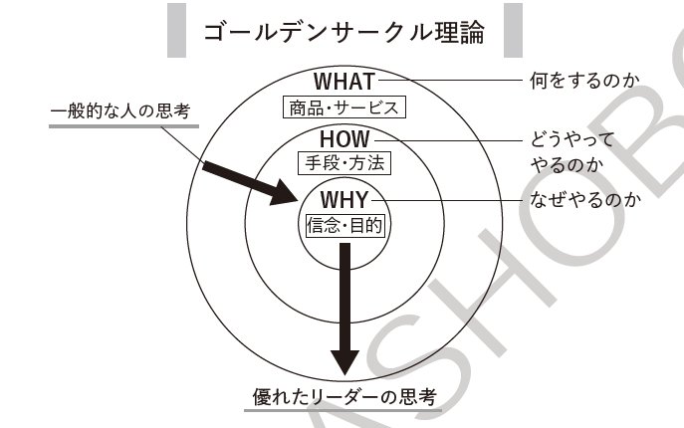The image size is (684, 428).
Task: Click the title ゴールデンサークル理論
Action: pos(342,32)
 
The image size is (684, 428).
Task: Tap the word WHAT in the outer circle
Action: pos(343,81)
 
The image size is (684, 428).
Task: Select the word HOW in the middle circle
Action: pos(343,138)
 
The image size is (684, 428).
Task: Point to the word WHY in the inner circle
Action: pos(343,199)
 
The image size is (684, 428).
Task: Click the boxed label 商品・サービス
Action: pos(343,107)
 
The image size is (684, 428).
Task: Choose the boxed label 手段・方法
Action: pos(343,161)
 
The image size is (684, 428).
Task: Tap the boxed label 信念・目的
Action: pos(343,224)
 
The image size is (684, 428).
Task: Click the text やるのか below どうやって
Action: pos(563,162)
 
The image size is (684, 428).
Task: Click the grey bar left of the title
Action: pos(177,32)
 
